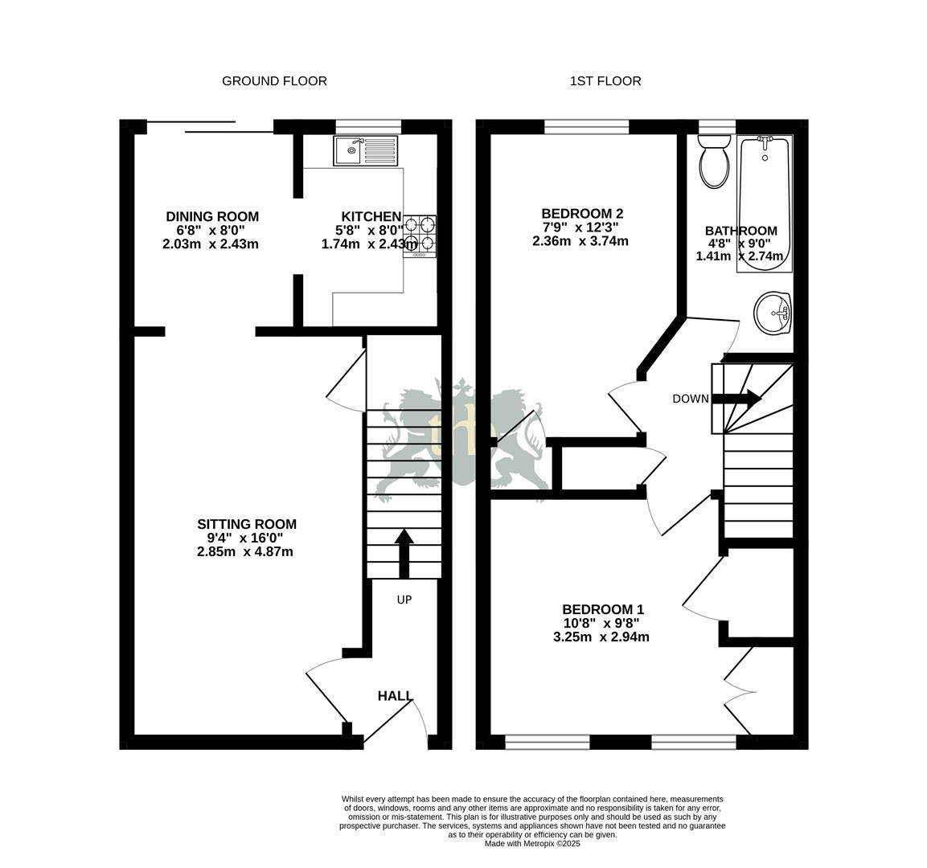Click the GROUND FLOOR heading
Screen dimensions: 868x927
tap(274, 81)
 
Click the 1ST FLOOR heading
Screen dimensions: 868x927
tap(605, 81)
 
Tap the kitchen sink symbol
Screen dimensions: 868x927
tap(366, 150)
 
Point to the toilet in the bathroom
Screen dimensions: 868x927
tap(713, 161)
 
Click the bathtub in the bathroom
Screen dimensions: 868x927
tap(765, 204)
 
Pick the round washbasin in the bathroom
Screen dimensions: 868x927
tap(773, 312)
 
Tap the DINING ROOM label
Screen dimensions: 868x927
tap(212, 216)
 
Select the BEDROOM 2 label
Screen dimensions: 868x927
tap(582, 214)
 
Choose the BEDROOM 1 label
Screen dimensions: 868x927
tap(603, 609)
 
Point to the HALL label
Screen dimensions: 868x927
tap(396, 696)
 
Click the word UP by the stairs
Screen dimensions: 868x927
tap(404, 600)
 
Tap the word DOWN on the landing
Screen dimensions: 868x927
tap(691, 399)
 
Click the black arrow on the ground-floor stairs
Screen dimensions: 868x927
tap(404, 551)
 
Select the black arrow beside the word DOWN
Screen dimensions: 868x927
tap(736, 398)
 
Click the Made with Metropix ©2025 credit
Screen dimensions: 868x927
tap(531, 844)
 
